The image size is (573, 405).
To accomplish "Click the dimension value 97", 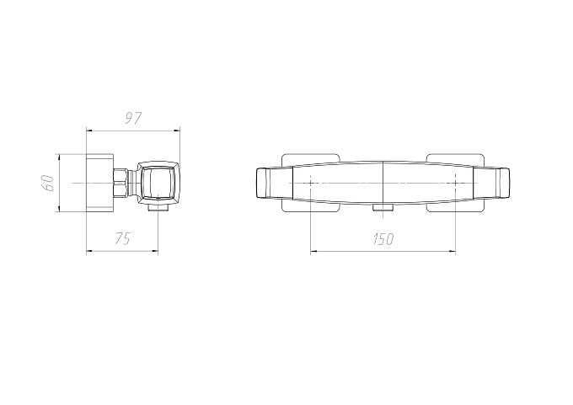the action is (x=133, y=119).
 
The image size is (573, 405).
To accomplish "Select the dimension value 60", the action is (x=48, y=183).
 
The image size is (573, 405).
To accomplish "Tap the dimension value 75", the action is (x=122, y=239).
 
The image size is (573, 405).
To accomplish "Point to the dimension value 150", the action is (x=383, y=239).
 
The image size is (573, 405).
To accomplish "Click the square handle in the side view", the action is (x=158, y=182).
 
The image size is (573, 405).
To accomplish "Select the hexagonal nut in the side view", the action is (x=121, y=183).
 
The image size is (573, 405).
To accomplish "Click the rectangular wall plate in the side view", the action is (x=99, y=183).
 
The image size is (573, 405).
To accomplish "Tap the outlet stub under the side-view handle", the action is (x=158, y=208).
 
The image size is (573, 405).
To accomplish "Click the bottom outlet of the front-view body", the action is (x=383, y=208).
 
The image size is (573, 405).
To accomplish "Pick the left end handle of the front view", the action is (x=274, y=183).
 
